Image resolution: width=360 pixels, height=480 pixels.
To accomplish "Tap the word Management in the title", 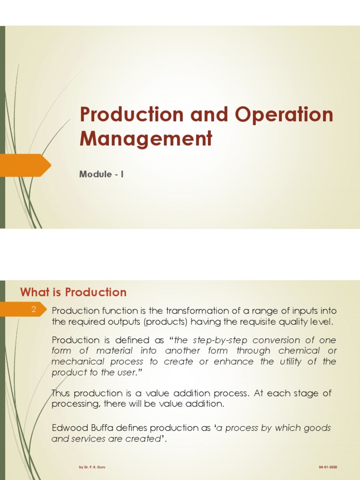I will (146, 139).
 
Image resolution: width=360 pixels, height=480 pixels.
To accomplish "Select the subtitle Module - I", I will (101, 174).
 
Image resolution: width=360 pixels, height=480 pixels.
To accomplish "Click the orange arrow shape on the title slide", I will (26, 165).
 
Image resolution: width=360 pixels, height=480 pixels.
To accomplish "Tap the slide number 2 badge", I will (34, 309).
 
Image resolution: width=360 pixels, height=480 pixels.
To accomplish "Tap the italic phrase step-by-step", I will (210, 340).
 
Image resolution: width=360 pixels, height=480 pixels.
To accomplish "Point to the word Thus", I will (60, 393).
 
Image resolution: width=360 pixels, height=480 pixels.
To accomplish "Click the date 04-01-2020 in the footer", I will (328, 467).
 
